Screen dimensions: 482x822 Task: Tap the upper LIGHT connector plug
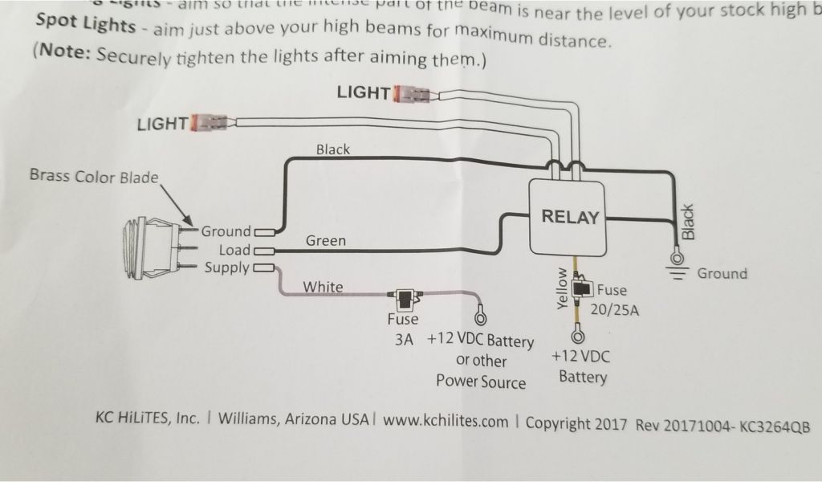(x=413, y=94)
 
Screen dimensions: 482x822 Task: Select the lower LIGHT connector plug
(x=210, y=124)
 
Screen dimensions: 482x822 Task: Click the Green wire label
(x=326, y=240)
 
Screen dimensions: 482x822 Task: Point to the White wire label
(x=323, y=287)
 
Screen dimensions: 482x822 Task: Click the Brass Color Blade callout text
(x=94, y=177)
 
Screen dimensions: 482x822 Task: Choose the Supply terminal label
(x=226, y=268)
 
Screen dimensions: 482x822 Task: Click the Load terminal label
(x=234, y=250)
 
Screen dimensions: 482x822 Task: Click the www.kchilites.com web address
(x=446, y=422)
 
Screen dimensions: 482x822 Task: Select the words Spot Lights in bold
(x=87, y=25)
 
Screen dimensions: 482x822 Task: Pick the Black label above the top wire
(x=333, y=149)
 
